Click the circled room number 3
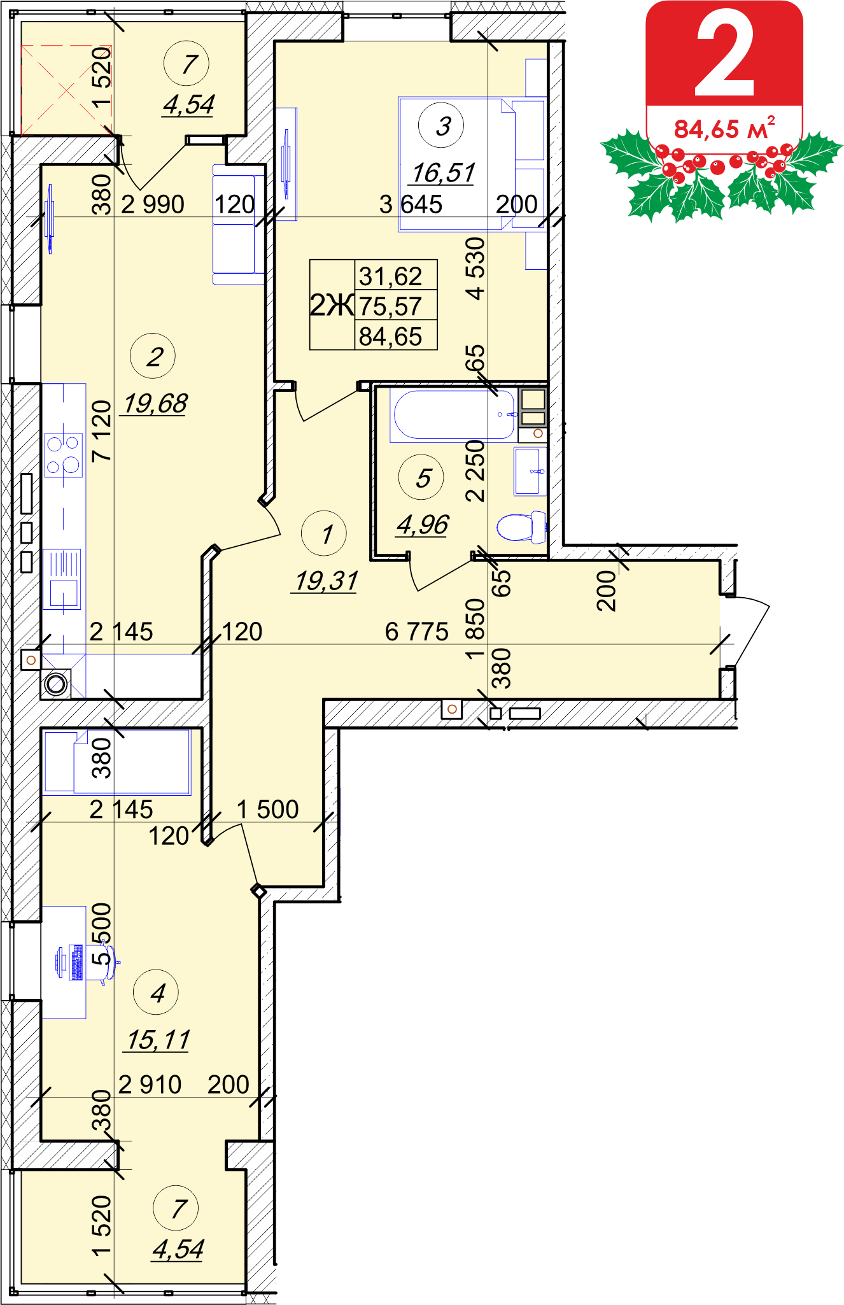(x=441, y=125)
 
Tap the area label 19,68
(x=155, y=403)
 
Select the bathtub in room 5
(x=454, y=414)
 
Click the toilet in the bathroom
(x=521, y=526)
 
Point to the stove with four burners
(x=64, y=455)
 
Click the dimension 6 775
(x=417, y=632)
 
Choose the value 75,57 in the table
(x=390, y=307)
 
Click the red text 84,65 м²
(x=724, y=128)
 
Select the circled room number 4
(x=156, y=992)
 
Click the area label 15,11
(x=158, y=1040)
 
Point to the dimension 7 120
(x=102, y=430)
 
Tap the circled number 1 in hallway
(x=324, y=533)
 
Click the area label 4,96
(x=423, y=525)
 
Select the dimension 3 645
(x=411, y=204)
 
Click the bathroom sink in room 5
(x=530, y=471)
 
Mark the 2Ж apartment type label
(x=332, y=305)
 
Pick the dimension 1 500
(x=267, y=809)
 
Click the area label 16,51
(x=444, y=173)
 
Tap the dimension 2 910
(x=150, y=1084)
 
